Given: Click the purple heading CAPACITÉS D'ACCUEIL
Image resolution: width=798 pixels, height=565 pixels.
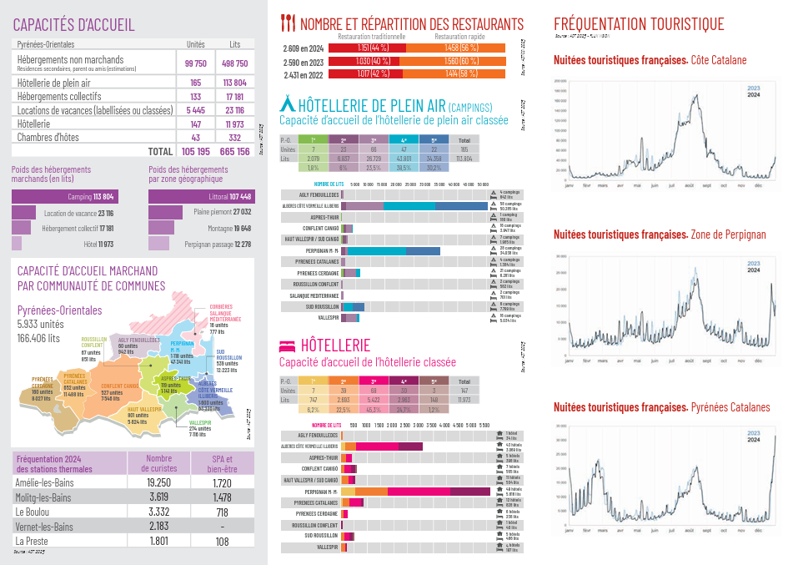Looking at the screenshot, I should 73,26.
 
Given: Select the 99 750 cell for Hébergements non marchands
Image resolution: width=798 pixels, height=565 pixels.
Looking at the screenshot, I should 196,63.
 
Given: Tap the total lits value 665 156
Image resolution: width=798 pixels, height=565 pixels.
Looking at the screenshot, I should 234,151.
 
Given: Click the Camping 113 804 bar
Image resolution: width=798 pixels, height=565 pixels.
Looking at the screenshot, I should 63,197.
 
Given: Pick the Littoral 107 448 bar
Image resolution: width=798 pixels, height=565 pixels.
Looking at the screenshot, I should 200,197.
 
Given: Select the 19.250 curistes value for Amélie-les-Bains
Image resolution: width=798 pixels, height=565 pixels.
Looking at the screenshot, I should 158,482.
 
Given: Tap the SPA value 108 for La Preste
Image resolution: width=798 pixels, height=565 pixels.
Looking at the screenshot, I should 222,541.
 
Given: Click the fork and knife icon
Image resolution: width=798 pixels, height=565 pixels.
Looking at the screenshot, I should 288,23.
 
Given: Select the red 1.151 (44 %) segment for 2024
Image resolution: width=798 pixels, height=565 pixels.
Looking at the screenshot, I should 368,48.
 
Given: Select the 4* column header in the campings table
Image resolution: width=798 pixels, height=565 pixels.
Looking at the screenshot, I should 404,140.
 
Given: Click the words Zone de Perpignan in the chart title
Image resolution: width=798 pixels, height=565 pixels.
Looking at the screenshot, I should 728,235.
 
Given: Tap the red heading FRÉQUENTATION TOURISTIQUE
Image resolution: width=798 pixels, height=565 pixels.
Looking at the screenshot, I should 639,24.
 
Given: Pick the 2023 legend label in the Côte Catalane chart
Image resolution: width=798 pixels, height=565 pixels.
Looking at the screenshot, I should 753,88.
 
